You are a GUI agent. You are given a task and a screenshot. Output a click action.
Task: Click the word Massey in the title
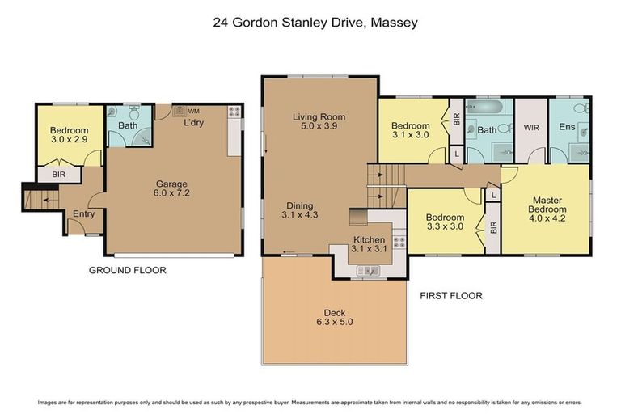point(394,23)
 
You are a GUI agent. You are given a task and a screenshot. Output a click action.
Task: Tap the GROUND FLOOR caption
point(127,270)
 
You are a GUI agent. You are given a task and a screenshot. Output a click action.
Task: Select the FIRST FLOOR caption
point(450,296)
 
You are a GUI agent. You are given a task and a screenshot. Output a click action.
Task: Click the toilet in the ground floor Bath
point(115,114)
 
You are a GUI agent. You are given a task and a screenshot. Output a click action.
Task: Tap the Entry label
point(83,214)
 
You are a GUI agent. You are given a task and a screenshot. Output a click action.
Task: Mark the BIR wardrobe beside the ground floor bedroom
point(58,174)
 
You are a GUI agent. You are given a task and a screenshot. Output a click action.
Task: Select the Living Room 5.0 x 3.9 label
point(319,122)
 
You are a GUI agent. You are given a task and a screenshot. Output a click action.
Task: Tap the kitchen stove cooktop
point(397,240)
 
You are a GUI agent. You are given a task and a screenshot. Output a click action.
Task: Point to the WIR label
point(530,127)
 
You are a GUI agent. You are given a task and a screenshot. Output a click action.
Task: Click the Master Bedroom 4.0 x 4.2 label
point(547,210)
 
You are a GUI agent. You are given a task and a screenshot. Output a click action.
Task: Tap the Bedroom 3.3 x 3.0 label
point(445,222)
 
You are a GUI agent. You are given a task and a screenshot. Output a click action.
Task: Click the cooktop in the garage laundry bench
point(234,112)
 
